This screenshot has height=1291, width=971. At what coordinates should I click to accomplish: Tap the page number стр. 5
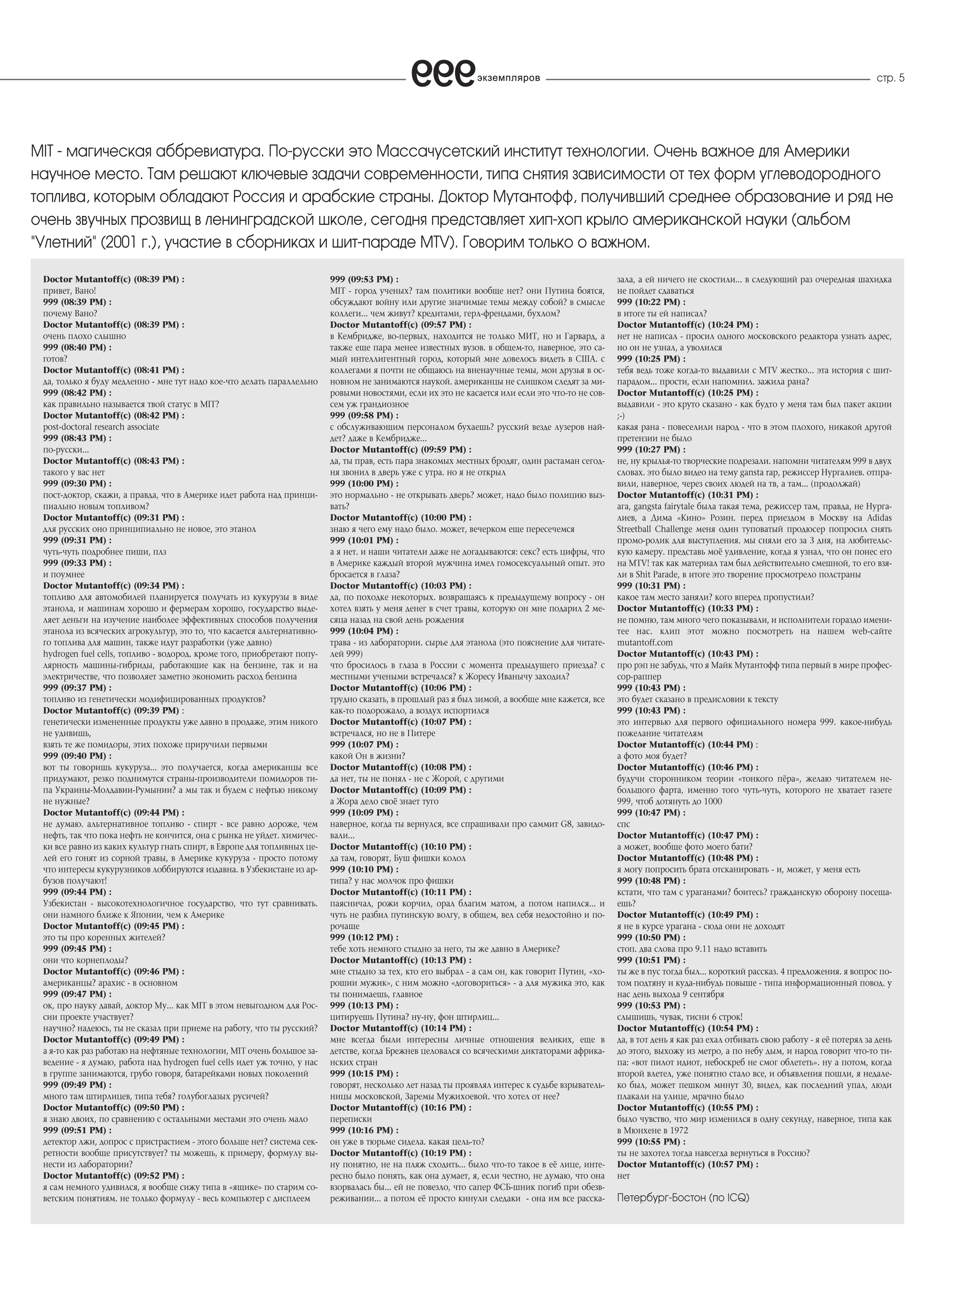tap(890, 78)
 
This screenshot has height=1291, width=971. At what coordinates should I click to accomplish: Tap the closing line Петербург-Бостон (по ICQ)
tap(683, 1198)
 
